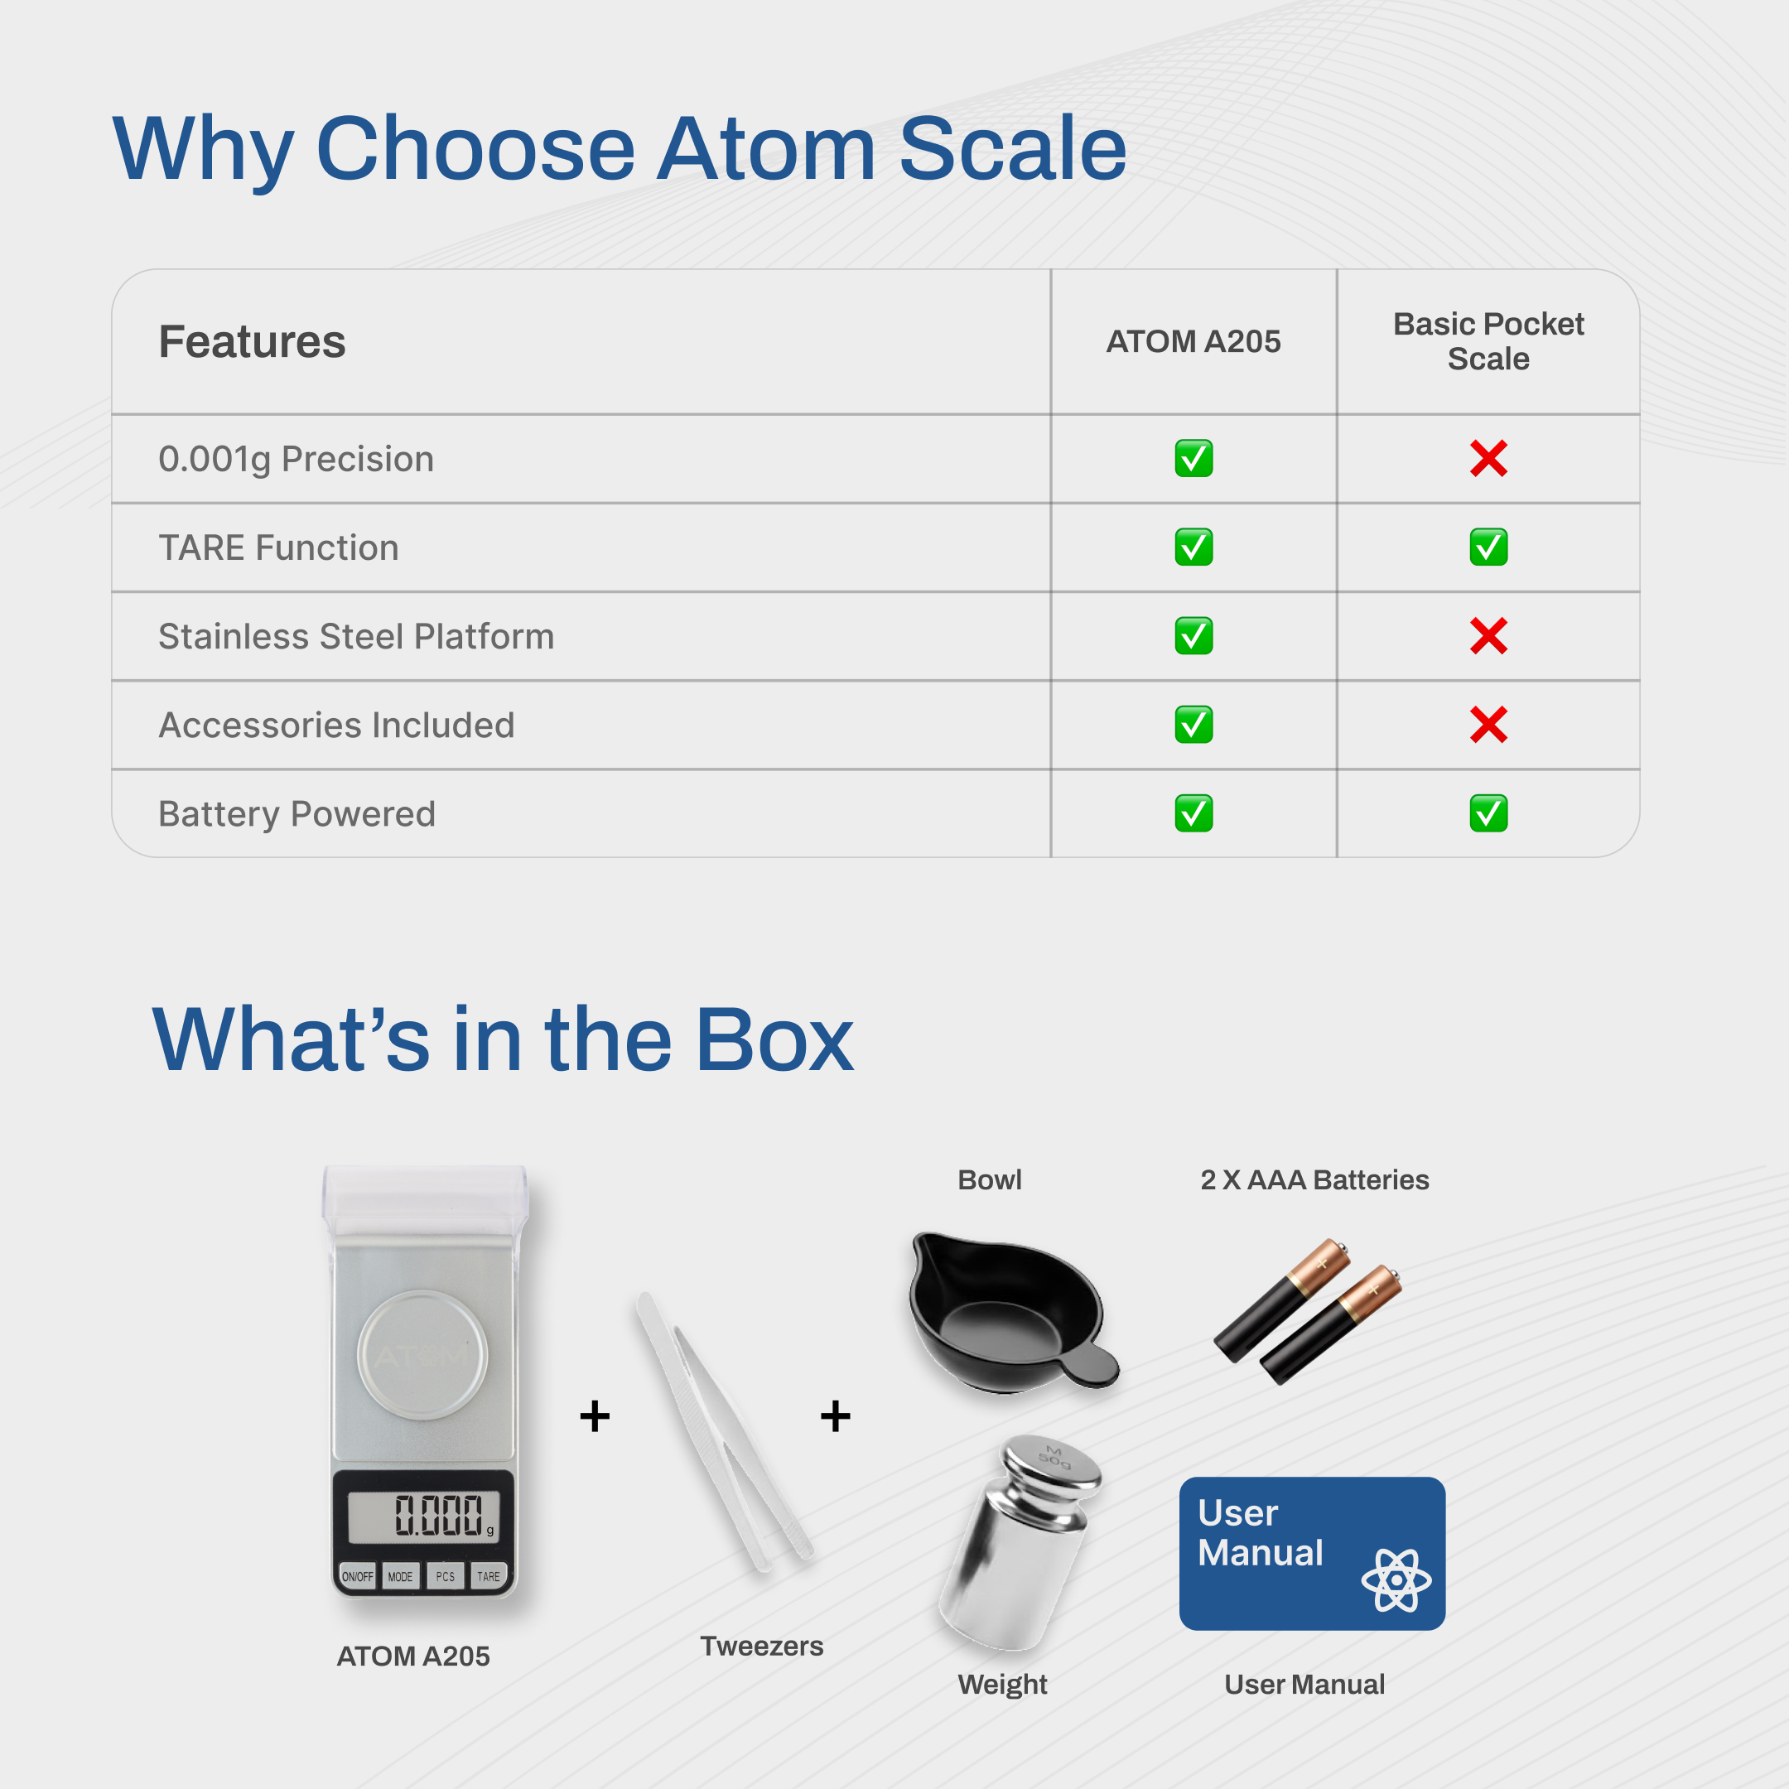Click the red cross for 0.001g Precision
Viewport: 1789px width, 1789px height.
(1488, 458)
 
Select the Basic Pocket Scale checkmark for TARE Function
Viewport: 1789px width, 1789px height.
(1488, 547)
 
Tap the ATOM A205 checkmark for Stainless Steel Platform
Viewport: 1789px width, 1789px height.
(1193, 636)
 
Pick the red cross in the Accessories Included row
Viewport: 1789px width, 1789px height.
(1488, 725)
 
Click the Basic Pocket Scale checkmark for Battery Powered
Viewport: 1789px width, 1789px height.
(1488, 814)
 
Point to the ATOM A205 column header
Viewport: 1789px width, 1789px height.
(1193, 342)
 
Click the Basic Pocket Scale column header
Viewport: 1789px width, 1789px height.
(1488, 342)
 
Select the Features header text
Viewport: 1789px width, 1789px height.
(252, 342)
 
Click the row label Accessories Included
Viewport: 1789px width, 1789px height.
(336, 725)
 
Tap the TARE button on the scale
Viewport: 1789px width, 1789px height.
(488, 1576)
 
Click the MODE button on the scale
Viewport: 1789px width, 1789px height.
(401, 1576)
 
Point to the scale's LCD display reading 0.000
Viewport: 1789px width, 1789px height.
(423, 1516)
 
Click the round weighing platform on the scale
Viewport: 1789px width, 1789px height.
(422, 1355)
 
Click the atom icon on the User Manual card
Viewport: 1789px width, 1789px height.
(1396, 1579)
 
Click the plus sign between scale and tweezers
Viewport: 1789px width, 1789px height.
(595, 1415)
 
